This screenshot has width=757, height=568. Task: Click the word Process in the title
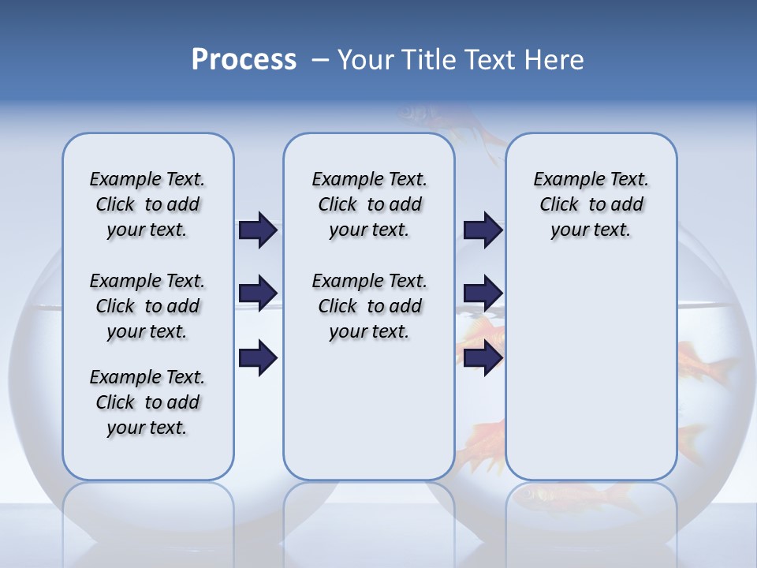click(x=244, y=59)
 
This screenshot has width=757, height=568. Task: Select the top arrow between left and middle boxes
click(x=258, y=230)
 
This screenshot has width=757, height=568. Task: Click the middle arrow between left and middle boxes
click(x=258, y=293)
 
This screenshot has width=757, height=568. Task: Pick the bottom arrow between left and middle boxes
click(x=258, y=358)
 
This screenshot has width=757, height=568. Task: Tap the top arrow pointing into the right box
click(x=483, y=230)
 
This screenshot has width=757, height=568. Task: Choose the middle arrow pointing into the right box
click(x=483, y=293)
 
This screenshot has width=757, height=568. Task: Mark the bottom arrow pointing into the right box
click(x=483, y=358)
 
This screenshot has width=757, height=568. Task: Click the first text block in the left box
click(x=147, y=204)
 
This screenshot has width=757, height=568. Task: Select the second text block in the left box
click(x=147, y=306)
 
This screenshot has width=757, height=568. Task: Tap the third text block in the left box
click(x=147, y=402)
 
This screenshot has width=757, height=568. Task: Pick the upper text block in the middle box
click(x=369, y=204)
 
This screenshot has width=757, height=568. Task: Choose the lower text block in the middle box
click(x=369, y=306)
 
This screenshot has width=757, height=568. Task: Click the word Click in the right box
click(x=559, y=204)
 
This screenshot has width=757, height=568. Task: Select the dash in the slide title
click(x=320, y=60)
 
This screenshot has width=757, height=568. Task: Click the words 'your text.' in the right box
click(x=591, y=230)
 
